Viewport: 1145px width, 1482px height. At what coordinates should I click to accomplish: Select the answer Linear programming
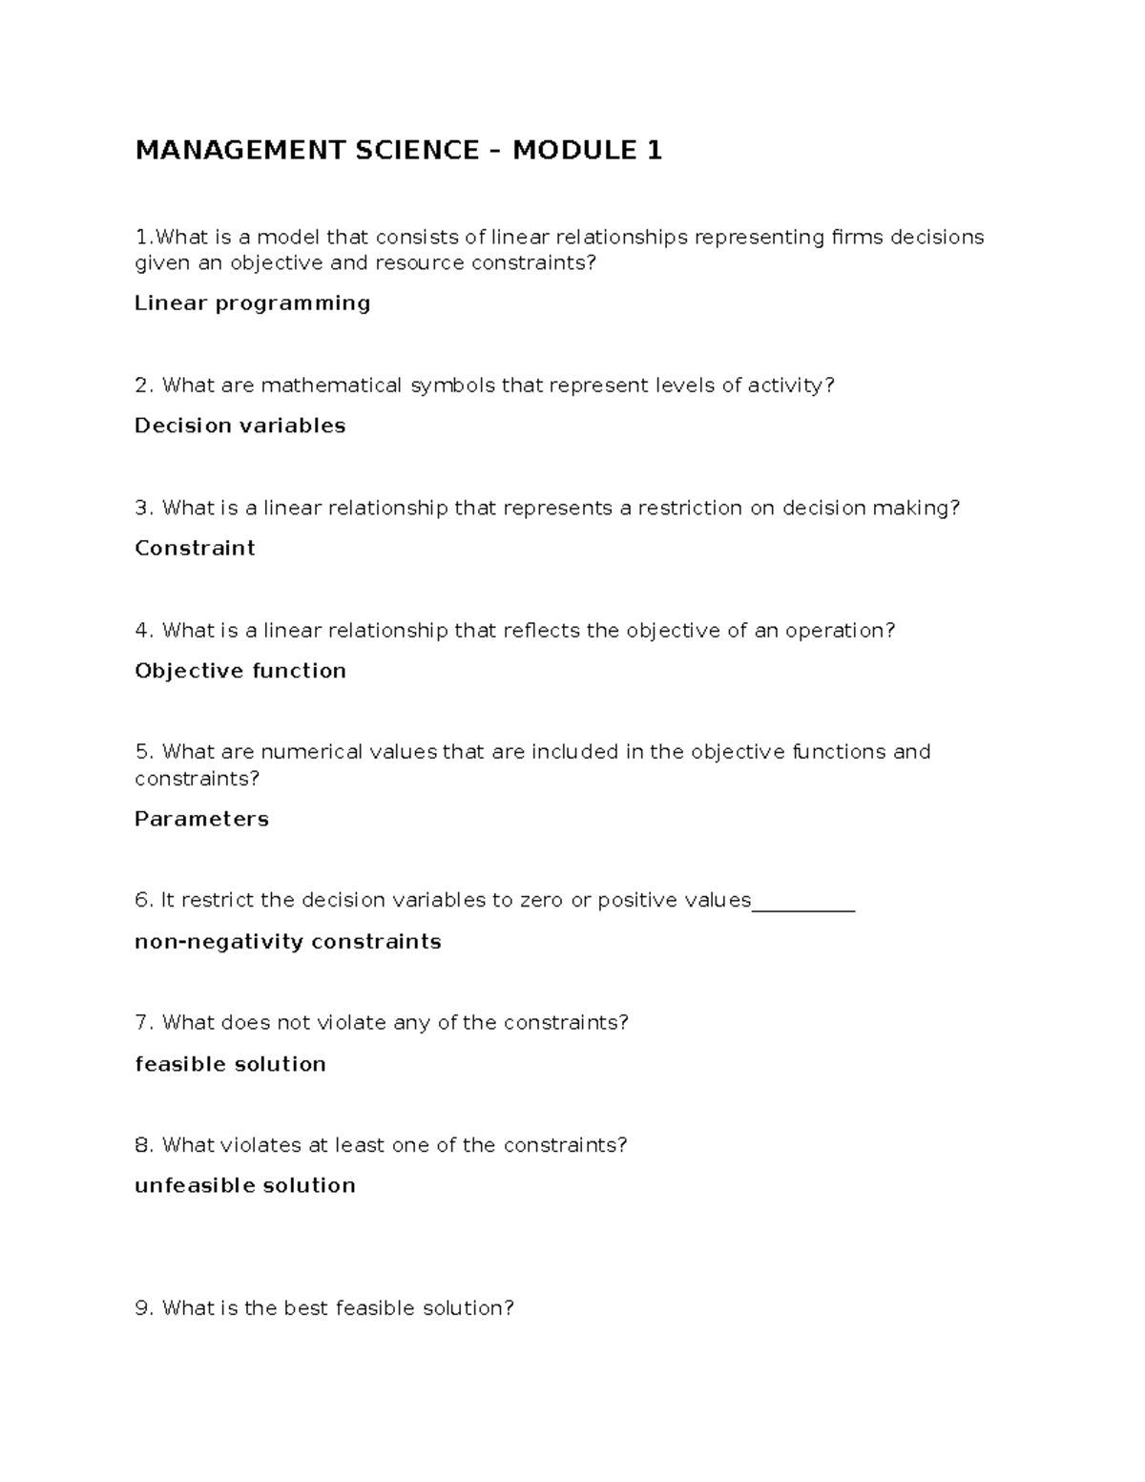(252, 303)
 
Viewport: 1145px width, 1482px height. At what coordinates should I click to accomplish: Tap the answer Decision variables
(239, 426)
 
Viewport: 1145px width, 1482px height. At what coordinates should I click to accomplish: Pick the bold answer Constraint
(195, 548)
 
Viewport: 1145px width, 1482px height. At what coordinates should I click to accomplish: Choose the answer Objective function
(239, 671)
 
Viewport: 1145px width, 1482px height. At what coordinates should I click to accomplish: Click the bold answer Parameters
(201, 819)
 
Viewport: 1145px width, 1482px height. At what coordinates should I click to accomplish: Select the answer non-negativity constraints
(287, 942)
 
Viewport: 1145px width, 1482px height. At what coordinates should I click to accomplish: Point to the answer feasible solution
(230, 1064)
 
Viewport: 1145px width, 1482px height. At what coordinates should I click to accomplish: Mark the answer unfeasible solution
(244, 1185)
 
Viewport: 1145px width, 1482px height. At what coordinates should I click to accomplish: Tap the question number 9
(143, 1308)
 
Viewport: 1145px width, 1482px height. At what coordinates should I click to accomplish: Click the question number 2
(143, 386)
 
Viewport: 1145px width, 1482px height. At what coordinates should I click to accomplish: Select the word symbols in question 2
(453, 386)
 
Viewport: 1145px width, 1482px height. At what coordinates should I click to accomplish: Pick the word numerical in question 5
(299, 752)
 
